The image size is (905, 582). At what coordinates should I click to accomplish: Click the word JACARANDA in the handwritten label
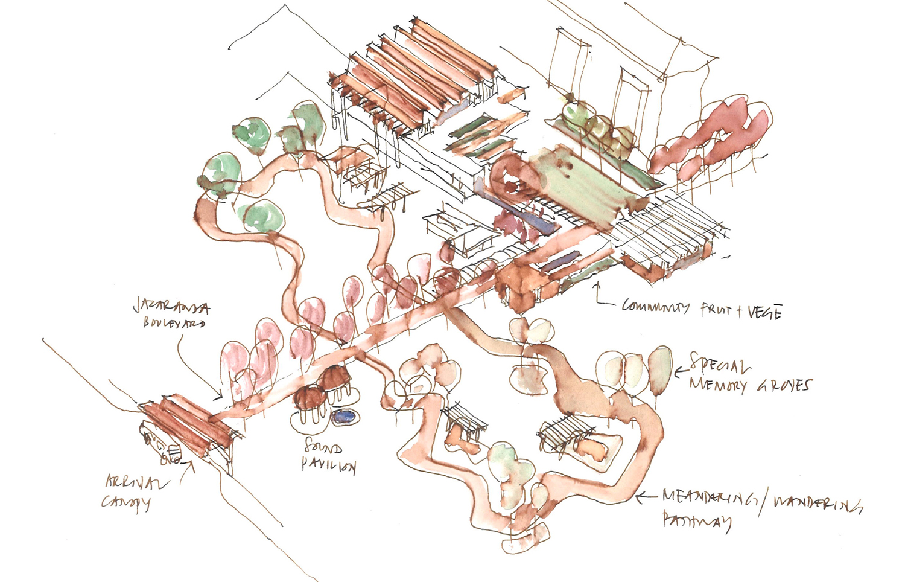point(171,308)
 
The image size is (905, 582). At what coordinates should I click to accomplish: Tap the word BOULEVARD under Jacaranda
point(174,323)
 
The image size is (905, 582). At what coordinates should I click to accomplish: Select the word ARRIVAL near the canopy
point(137,482)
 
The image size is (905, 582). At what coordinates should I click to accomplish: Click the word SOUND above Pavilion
point(323,447)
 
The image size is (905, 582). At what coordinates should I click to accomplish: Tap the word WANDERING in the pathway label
point(817,503)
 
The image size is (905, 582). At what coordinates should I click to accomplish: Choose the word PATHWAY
point(697,520)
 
